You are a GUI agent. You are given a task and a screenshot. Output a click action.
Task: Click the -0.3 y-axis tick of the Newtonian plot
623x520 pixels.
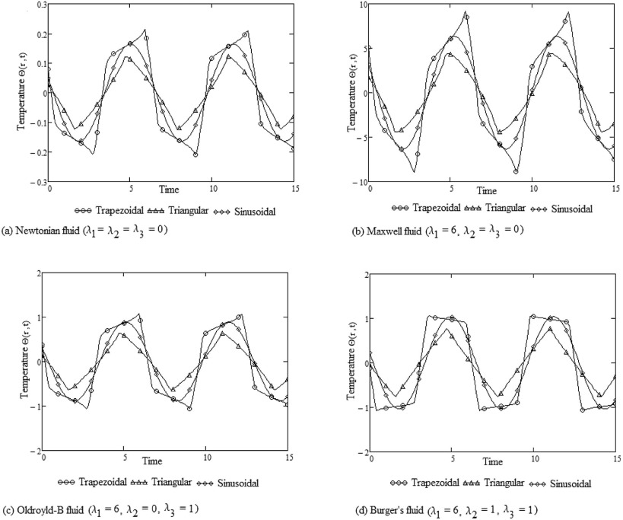[37, 182]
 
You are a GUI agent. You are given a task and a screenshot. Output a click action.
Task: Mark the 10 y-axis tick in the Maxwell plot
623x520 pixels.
[363, 5]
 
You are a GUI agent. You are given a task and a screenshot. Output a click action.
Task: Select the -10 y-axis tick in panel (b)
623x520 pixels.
[361, 182]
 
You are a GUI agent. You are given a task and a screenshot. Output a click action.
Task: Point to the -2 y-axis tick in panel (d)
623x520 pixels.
[361, 451]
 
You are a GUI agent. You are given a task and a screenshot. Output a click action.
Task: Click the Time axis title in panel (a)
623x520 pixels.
[170, 187]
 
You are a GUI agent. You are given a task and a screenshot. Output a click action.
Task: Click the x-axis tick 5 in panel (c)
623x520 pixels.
[125, 458]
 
